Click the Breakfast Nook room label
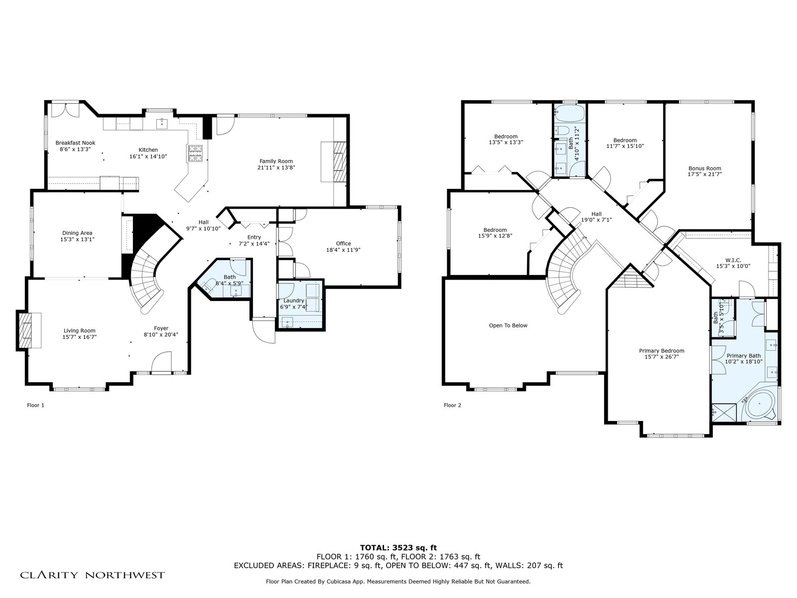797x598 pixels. [75, 143]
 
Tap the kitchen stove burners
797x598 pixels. [195, 153]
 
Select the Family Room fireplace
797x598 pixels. [340, 161]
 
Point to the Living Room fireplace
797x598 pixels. [25, 330]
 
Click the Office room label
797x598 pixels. [343, 244]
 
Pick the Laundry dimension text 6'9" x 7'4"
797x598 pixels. [294, 307]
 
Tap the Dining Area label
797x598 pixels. [77, 233]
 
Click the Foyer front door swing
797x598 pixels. [161, 362]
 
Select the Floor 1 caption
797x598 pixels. [35, 405]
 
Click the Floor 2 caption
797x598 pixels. [452, 405]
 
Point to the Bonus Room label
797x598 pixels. [705, 168]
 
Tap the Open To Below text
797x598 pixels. [508, 326]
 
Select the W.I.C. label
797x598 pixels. [733, 260]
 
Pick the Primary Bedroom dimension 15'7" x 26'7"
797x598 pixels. [662, 357]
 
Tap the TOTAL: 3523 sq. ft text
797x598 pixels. [398, 548]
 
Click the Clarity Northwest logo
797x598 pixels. [92, 575]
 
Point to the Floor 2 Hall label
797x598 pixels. [596, 214]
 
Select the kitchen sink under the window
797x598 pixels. [162, 124]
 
